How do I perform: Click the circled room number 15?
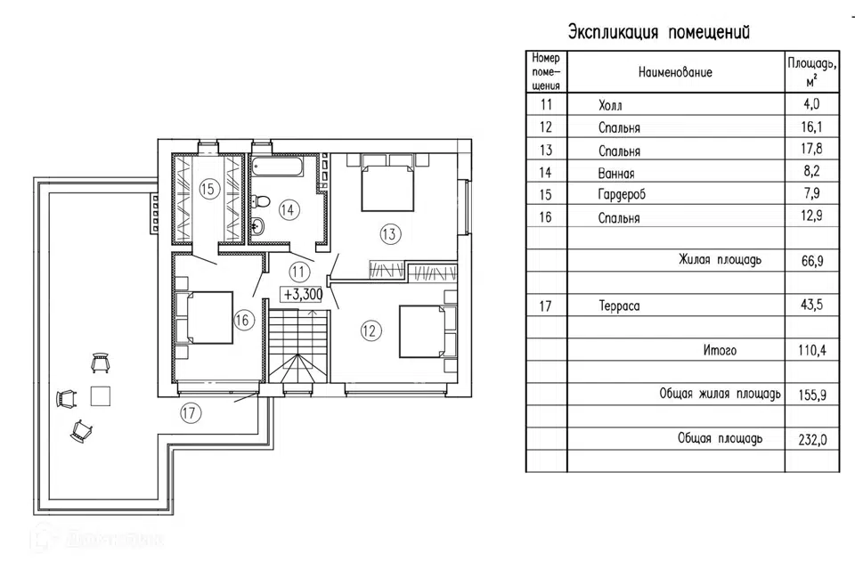208,188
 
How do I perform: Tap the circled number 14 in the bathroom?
288,209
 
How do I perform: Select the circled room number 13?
389,234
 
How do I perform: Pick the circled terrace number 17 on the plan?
188,412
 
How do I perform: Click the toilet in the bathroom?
257,227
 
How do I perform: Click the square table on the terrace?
101,395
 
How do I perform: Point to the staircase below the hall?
299,348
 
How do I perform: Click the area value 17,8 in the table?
812,151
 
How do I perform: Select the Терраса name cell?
620,306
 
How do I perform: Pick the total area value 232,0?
812,440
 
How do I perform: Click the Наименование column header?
675,72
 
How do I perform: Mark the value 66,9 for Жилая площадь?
812,262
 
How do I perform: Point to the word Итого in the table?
720,351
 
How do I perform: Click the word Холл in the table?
612,106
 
